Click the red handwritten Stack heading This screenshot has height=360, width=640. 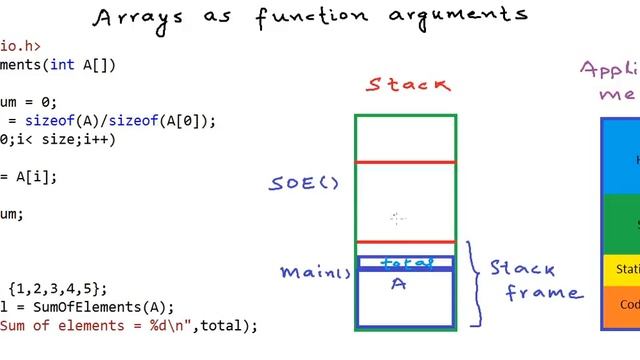pyautogui.click(x=408, y=85)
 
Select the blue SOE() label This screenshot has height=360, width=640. pyautogui.click(x=304, y=183)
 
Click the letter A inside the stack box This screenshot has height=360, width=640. pyautogui.click(x=398, y=284)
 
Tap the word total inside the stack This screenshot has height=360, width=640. pyautogui.click(x=407, y=263)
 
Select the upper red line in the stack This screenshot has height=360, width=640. pyautogui.click(x=405, y=161)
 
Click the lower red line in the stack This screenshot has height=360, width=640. pyautogui.click(x=405, y=241)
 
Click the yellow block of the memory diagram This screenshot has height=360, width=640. pyautogui.click(x=621, y=269)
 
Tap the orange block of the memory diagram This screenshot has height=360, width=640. pyautogui.click(x=621, y=304)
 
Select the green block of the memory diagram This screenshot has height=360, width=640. pyautogui.click(x=621, y=224)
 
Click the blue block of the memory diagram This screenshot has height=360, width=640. pyautogui.click(x=621, y=158)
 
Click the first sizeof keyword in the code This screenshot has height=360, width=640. pyautogui.click(x=43, y=120)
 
